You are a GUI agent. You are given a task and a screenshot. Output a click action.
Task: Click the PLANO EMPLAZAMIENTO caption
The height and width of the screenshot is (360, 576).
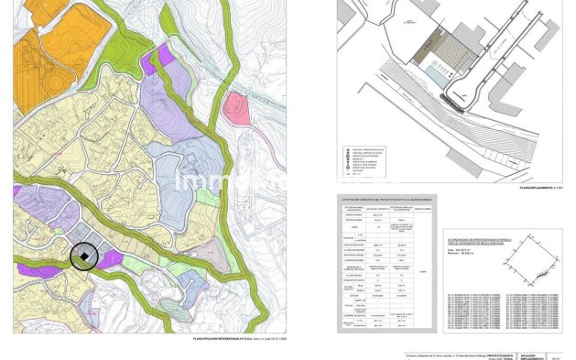(537, 188)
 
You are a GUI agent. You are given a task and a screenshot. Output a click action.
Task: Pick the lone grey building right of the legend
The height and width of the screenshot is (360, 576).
(458, 163)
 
